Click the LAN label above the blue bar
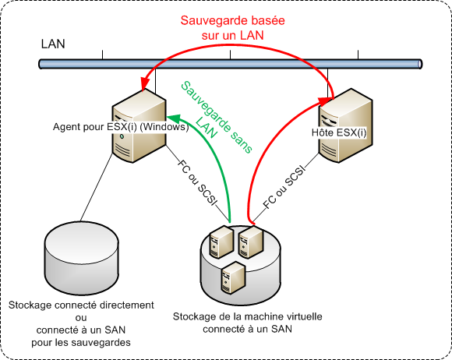tap(53, 44)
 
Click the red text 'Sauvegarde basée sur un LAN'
tap(233, 28)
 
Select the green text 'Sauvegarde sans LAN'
tap(217, 118)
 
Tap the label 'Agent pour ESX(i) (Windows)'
tap(121, 127)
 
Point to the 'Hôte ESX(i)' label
tap(339, 133)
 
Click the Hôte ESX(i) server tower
tap(345, 125)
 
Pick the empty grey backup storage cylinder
tap(82, 258)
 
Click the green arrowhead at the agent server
tap(173, 118)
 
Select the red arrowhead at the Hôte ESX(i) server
tap(325, 101)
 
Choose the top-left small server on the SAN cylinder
tap(221, 242)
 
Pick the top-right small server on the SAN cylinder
tap(251, 242)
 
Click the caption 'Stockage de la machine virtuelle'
tap(247, 316)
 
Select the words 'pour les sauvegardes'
tap(81, 342)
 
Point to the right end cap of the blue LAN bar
tap(420, 64)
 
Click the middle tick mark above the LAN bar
tap(230, 55)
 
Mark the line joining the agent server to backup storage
tap(96, 187)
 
